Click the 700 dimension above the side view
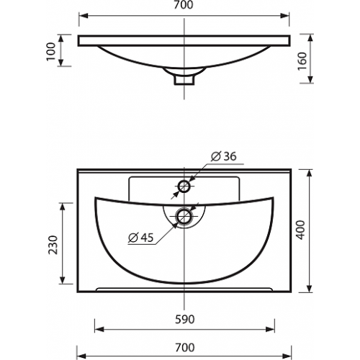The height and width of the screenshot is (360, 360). click(184, 5)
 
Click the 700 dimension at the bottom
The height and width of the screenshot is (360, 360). click(184, 348)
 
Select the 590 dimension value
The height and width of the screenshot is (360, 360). click(184, 320)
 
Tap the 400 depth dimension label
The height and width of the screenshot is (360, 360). click(301, 230)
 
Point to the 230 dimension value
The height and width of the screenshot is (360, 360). click(53, 245)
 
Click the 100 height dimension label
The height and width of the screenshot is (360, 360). click(51, 52)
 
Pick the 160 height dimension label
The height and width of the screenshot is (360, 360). click(302, 61)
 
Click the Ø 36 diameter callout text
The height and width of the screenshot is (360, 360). click(223, 156)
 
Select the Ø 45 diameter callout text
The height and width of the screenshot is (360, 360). click(140, 238)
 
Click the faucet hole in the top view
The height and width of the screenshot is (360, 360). click(184, 186)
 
